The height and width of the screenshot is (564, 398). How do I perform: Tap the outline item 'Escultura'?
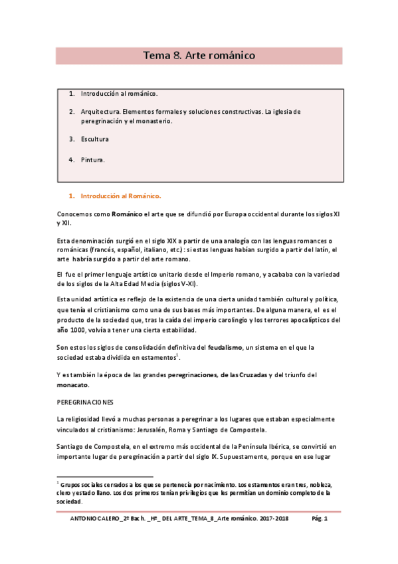95,139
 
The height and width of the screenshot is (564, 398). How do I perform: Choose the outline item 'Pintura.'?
93,160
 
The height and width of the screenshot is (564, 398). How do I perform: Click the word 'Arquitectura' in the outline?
101,112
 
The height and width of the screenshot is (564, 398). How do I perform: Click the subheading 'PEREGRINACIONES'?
86,402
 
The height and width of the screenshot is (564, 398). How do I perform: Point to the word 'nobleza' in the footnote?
320,485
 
